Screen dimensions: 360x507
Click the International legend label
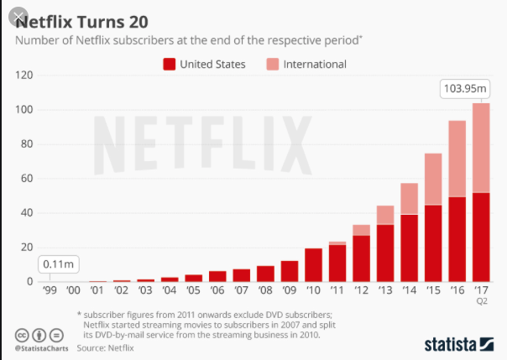pos(316,64)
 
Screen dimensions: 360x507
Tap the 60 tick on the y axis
pos(24,179)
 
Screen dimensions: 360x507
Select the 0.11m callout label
pos(57,265)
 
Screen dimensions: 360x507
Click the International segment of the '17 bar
pos(481,148)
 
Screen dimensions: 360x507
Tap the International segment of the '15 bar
pos(432,180)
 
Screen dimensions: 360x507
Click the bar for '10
pos(313,264)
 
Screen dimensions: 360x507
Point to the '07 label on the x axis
pos(241,291)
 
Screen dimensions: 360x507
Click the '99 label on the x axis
pos(49,291)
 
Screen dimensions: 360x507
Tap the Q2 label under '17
pos(481,300)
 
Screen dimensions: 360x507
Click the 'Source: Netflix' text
pos(109,345)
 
